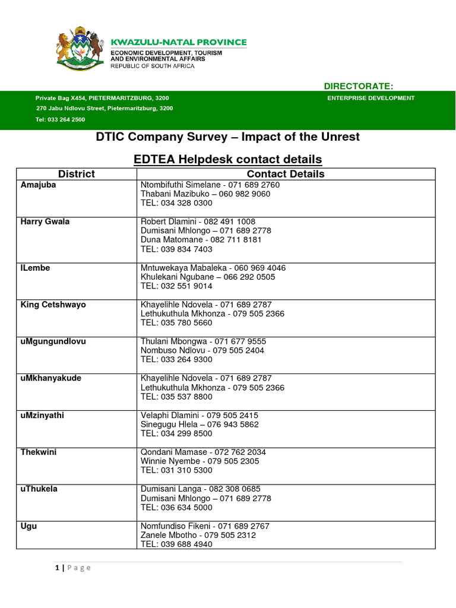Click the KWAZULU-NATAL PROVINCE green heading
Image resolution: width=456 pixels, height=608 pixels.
coord(179,42)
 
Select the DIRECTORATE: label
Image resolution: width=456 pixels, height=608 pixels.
coord(358,87)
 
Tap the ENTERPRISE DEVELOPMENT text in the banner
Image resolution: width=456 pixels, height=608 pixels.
coord(371,98)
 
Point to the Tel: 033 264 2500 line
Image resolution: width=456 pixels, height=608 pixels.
coord(60,119)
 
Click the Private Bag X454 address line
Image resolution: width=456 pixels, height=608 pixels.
coord(106,98)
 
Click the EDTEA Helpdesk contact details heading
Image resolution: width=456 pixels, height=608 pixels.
coord(227,159)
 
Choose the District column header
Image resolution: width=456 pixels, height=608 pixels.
coord(76,174)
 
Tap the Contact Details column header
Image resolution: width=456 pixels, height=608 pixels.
coord(286,174)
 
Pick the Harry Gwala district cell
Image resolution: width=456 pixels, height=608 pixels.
coord(45,221)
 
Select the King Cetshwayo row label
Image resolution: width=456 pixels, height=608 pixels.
coord(53,305)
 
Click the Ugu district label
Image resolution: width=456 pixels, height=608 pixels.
coord(28,525)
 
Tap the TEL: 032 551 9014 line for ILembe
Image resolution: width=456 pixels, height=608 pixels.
coord(176,286)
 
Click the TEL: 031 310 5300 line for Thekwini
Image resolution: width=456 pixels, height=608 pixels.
coord(176,470)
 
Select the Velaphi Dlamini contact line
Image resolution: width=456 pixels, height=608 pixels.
coord(199,415)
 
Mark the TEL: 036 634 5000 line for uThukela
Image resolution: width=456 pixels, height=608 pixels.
coord(176,508)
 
